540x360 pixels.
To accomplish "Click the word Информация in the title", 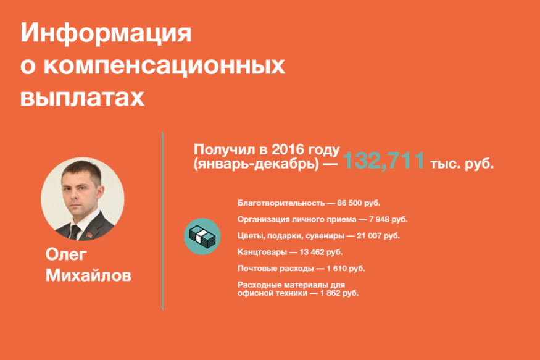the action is pyautogui.click(x=106, y=33).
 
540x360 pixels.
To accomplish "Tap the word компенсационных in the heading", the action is pyautogui.click(x=164, y=65).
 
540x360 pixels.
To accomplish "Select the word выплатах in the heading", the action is pyautogui.click(x=82, y=98).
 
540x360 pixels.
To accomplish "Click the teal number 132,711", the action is pyautogui.click(x=383, y=160).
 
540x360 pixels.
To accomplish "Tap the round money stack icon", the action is pyautogui.click(x=202, y=237).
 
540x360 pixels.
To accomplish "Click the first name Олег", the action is pyautogui.click(x=66, y=255).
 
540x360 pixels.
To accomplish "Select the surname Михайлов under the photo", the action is pyautogui.click(x=88, y=275).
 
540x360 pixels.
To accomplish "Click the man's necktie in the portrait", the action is pyautogui.click(x=75, y=232).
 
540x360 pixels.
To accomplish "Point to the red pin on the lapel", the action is pyautogui.click(x=89, y=235).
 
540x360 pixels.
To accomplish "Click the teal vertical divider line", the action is pyautogui.click(x=162, y=221).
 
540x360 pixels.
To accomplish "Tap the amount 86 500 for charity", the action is pyautogui.click(x=349, y=203).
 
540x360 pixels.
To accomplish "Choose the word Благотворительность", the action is pyautogui.click(x=281, y=203).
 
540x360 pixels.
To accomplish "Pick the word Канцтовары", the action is pyautogui.click(x=262, y=252).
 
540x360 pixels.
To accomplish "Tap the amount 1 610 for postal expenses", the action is pyautogui.click(x=337, y=269).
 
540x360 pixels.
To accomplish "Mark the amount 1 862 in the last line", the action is pyautogui.click(x=331, y=293).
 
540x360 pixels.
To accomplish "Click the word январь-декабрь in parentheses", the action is pyautogui.click(x=257, y=164).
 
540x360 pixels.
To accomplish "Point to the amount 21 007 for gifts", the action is pyautogui.click(x=369, y=236).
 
